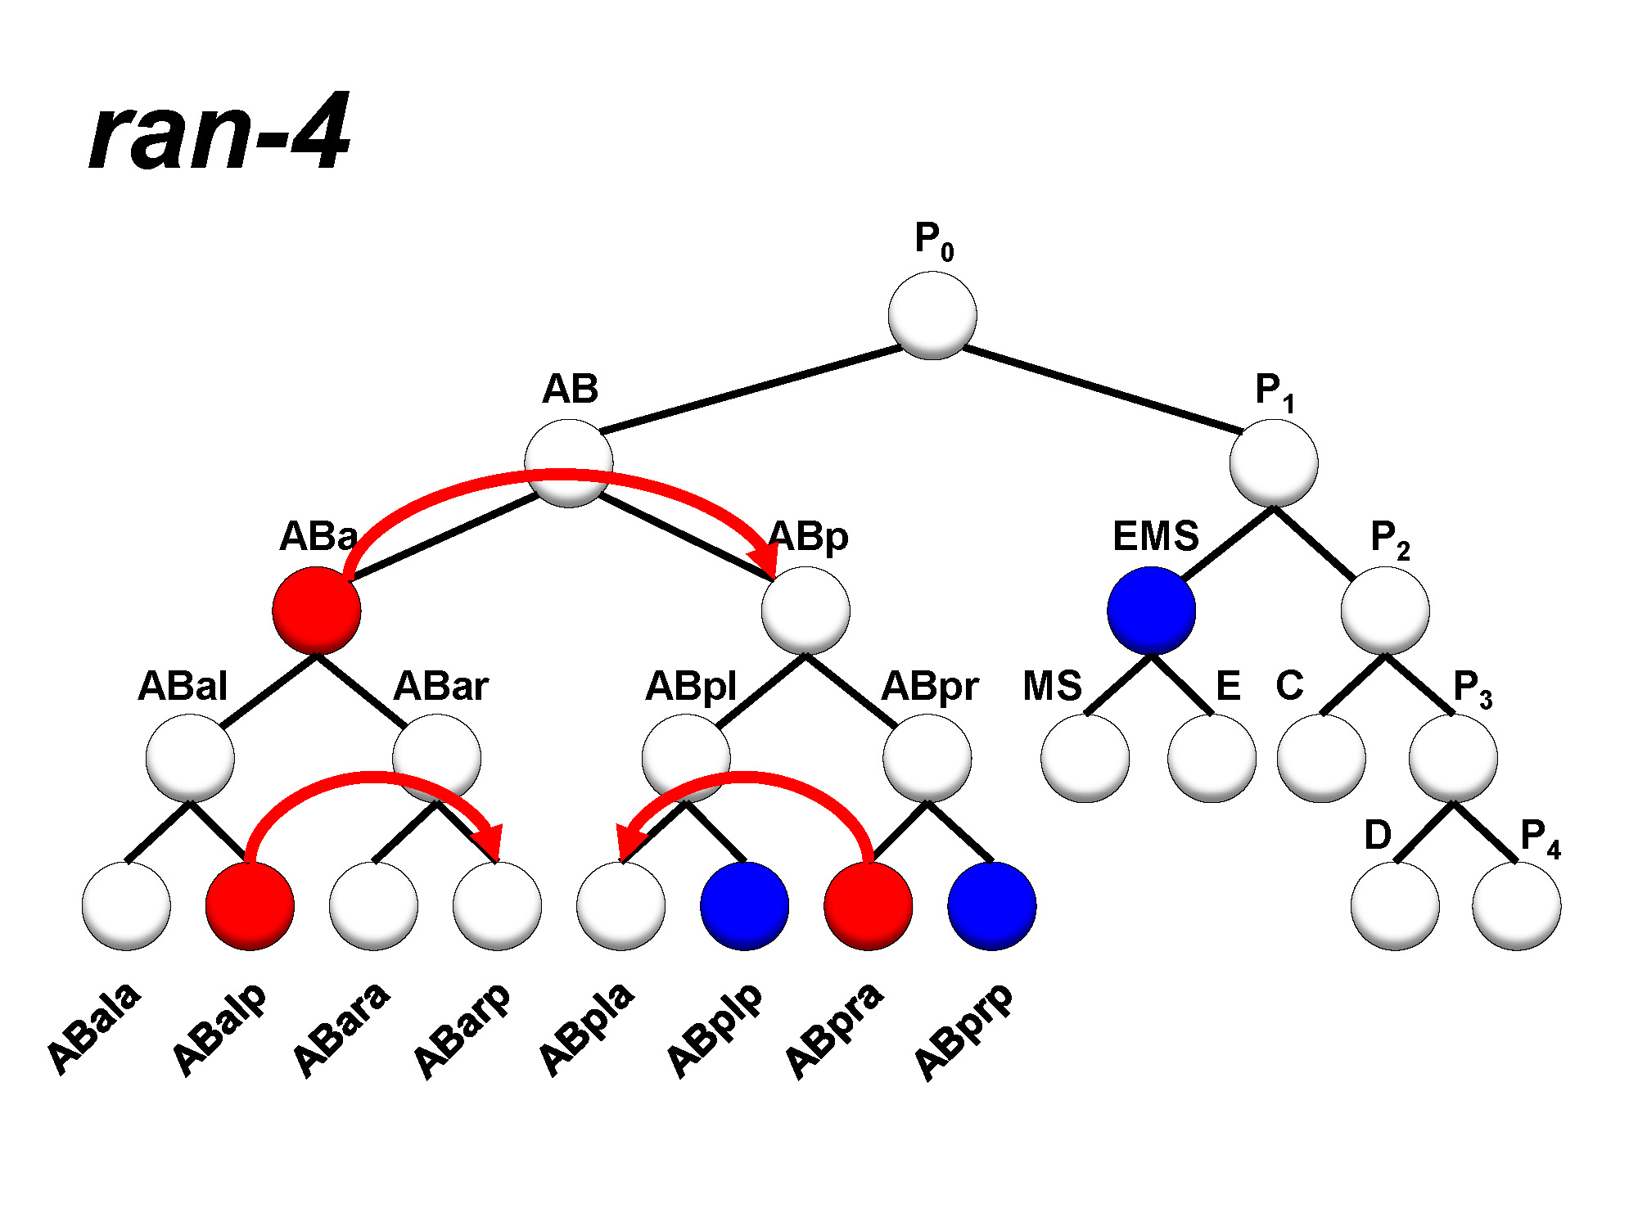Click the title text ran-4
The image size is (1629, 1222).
[219, 133]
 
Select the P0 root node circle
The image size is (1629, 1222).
[932, 315]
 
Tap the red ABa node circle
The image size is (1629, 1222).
[317, 611]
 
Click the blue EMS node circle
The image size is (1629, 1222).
[1151, 611]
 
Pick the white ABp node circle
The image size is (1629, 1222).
[805, 611]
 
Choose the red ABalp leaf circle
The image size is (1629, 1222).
[250, 906]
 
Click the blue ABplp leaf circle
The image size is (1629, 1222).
[744, 906]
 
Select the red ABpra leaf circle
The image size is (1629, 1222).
[868, 906]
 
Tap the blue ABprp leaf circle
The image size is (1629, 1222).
[992, 906]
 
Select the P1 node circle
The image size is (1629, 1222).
[1274, 463]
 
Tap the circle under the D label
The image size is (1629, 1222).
[1395, 906]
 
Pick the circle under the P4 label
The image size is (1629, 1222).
[1516, 906]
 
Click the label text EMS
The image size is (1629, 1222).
[1155, 537]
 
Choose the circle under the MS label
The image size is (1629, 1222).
[1085, 758]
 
